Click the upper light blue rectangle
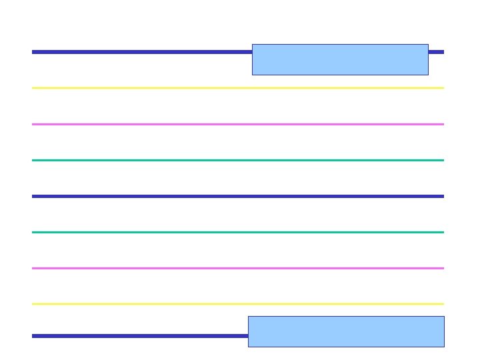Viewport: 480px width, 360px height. point(340,59)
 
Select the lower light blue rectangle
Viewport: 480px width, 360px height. point(346,331)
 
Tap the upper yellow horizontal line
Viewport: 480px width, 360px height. point(237,88)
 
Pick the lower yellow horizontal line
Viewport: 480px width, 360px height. point(237,304)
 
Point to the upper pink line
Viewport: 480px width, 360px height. point(237,124)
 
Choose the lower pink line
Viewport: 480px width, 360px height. point(237,268)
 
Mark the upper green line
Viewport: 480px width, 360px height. point(237,160)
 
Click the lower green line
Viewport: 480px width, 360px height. point(237,232)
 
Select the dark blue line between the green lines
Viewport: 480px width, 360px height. point(237,196)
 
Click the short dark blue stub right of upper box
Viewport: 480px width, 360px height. point(436,52)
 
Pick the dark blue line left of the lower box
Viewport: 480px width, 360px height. point(140,336)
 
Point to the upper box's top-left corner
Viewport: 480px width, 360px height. point(253,45)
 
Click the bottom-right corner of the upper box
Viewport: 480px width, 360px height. point(428,75)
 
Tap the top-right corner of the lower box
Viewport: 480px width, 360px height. point(444,317)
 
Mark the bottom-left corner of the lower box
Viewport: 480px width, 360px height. point(249,347)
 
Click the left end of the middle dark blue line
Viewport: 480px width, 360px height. point(33,196)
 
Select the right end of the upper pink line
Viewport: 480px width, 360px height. point(443,124)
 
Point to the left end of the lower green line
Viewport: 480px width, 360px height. point(33,232)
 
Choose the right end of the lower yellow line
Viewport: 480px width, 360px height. point(443,304)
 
